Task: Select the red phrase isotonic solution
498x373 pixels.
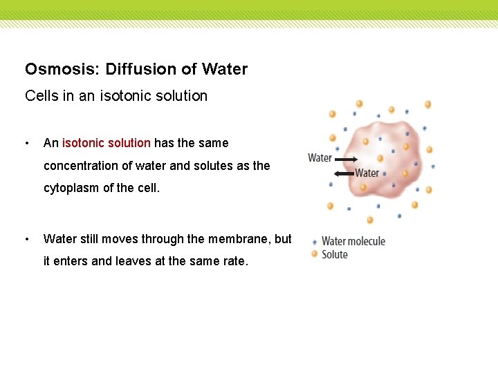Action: click(107, 143)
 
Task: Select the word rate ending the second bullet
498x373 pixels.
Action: click(234, 262)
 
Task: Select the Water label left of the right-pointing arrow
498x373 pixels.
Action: click(320, 158)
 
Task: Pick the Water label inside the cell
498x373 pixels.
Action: click(367, 173)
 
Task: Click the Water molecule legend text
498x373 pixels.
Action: click(353, 241)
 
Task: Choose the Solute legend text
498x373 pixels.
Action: click(335, 254)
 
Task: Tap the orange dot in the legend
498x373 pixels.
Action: click(315, 254)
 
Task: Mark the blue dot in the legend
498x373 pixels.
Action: click(315, 242)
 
